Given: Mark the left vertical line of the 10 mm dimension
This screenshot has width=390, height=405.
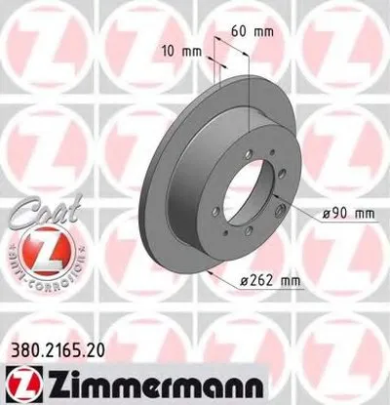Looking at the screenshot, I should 211,68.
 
